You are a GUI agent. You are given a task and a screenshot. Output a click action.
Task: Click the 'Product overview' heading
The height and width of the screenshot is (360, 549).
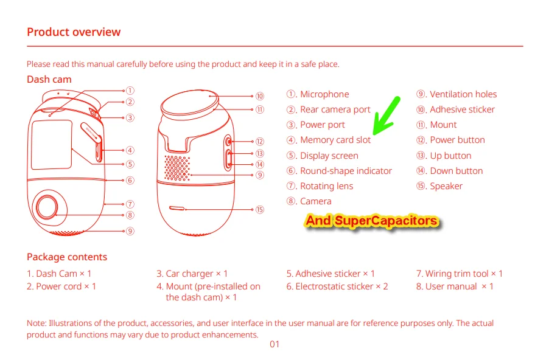[74, 32]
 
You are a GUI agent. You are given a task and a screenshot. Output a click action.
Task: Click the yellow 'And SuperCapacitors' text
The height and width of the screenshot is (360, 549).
[371, 221]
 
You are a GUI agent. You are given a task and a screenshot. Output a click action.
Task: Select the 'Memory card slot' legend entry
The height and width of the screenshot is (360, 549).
[329, 140]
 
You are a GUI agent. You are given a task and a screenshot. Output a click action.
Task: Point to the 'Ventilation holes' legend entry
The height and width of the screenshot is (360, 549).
[456, 94]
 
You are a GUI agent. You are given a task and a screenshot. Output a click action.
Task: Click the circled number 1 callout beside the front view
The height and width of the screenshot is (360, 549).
[130, 91]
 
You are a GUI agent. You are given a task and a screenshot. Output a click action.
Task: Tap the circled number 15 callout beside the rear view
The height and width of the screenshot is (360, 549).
[259, 210]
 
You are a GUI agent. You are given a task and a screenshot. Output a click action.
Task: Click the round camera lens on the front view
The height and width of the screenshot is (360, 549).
[47, 206]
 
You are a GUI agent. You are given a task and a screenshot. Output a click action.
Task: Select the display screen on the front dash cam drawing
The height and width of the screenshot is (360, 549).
[52, 145]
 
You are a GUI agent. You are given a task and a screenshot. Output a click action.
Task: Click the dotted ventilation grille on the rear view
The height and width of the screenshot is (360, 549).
[177, 168]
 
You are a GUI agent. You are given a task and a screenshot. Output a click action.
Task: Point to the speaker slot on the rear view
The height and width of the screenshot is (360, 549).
[177, 209]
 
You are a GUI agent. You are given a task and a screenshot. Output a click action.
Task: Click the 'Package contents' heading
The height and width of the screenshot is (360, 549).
[67, 257]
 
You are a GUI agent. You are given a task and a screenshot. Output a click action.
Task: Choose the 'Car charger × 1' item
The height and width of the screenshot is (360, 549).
[192, 274]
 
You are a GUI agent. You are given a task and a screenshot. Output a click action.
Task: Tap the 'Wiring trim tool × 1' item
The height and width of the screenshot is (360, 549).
[460, 274]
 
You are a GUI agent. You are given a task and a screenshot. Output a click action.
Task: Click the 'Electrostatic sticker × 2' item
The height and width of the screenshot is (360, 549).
[337, 286]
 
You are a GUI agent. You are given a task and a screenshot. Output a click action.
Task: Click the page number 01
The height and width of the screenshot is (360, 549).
[274, 344]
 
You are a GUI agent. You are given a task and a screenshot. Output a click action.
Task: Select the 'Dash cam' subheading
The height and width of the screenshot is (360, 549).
[49, 80]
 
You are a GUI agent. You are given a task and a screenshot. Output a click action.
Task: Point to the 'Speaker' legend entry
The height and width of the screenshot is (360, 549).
[439, 186]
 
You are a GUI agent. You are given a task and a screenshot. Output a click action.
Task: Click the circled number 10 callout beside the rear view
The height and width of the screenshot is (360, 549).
[259, 96]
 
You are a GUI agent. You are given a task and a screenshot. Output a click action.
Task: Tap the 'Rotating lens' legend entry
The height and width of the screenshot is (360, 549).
[320, 186]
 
